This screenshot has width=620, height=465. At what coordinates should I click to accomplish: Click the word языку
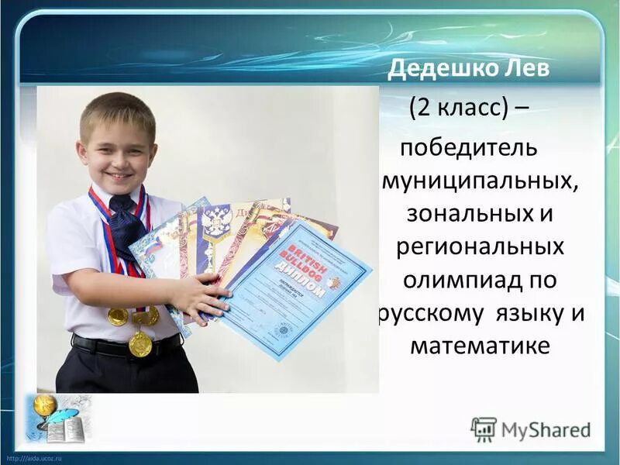click(x=529, y=314)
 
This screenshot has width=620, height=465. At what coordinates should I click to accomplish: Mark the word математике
click(x=480, y=345)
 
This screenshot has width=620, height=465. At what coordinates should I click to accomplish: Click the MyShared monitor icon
click(x=484, y=429)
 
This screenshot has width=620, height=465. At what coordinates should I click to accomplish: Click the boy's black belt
click(x=124, y=346)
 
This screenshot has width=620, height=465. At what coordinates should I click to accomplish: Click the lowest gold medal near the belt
click(x=140, y=344)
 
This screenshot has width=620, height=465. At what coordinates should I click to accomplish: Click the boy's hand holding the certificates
click(x=205, y=298)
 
